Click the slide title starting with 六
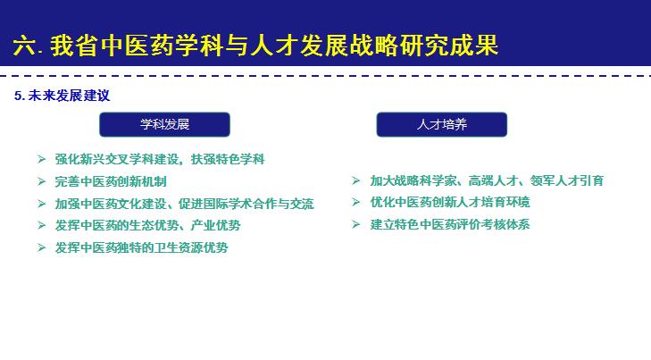click(x=255, y=46)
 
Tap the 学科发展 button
click(x=164, y=124)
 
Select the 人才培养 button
click(x=441, y=124)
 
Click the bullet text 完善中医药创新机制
click(x=111, y=181)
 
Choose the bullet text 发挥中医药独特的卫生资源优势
click(x=141, y=247)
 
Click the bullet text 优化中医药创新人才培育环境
click(x=450, y=202)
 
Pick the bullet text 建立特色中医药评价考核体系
click(x=450, y=224)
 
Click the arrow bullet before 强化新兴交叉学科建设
click(x=41, y=159)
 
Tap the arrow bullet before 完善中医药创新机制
click(x=41, y=181)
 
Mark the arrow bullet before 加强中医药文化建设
click(x=41, y=204)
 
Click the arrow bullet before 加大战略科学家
click(x=355, y=180)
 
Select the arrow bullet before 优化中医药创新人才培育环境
click(x=355, y=202)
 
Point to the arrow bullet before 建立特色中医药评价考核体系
click(x=355, y=224)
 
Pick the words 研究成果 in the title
click(x=455, y=46)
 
